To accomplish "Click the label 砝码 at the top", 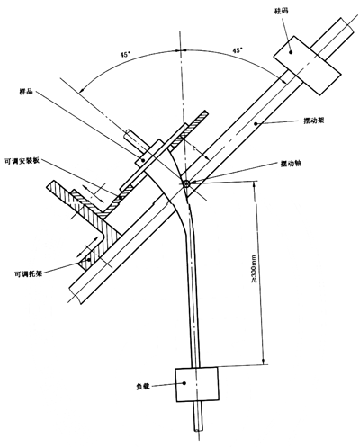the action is pyautogui.click(x=281, y=11).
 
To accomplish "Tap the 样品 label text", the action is pyautogui.click(x=25, y=92).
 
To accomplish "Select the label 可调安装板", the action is pyautogui.click(x=22, y=161).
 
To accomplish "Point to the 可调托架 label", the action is pyautogui.click(x=29, y=273).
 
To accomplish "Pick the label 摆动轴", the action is pyautogui.click(x=292, y=164).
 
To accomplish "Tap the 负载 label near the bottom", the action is pyautogui.click(x=143, y=387).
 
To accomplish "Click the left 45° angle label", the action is pyautogui.click(x=125, y=55).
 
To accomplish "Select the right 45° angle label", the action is pyautogui.click(x=238, y=50).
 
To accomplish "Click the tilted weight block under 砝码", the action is pyautogui.click(x=307, y=66).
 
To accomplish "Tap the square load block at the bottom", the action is pyautogui.click(x=197, y=384).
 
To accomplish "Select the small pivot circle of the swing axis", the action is pyautogui.click(x=186, y=184).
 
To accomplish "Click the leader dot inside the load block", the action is pyautogui.click(x=184, y=383).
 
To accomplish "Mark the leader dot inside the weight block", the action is pyautogui.click(x=291, y=52).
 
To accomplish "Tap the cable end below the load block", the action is pyautogui.click(x=198, y=430).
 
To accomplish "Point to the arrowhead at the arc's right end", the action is pyautogui.click(x=283, y=79).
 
